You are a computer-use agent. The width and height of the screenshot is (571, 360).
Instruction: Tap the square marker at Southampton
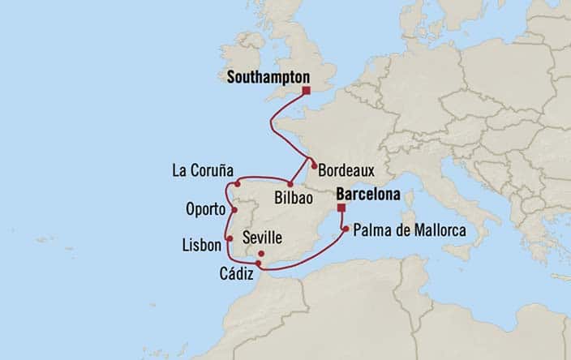coord(307,91)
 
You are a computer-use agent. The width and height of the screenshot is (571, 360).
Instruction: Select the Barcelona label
coord(368,195)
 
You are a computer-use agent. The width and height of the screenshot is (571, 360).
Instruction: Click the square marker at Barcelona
coord(341,207)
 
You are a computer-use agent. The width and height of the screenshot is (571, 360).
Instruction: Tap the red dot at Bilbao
coord(290,185)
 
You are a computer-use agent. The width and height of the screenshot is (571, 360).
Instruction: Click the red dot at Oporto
coord(234,211)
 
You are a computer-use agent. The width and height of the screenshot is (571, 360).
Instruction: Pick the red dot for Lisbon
coord(230,238)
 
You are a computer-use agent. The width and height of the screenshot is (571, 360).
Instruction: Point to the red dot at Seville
coord(261,254)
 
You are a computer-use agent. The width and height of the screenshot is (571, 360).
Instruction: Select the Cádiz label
coord(236,276)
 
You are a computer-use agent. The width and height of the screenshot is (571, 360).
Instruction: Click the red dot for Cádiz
coord(258,264)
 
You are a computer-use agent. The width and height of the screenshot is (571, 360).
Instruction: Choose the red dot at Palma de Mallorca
coord(346,229)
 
